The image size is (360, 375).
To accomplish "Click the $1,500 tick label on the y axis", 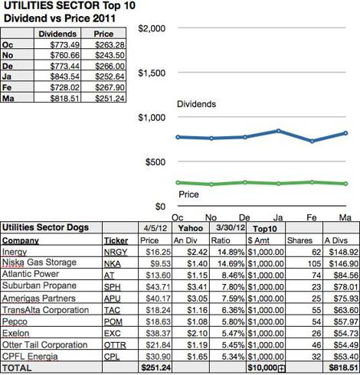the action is pyautogui.click(x=152, y=73).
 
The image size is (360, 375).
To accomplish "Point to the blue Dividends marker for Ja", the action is pyautogui.click(x=279, y=131).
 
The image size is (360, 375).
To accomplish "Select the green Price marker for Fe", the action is pyautogui.click(x=312, y=182).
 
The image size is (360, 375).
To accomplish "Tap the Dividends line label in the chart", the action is pyautogui.click(x=196, y=104).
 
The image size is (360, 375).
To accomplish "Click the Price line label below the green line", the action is pyautogui.click(x=188, y=194).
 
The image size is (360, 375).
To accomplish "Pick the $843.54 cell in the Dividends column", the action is pyautogui.click(x=64, y=77).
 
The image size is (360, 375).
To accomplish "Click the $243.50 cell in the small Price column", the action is pyautogui.click(x=110, y=55).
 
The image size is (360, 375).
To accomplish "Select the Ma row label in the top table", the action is pyautogui.click(x=8, y=98).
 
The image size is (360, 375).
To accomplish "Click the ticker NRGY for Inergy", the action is pyautogui.click(x=116, y=253).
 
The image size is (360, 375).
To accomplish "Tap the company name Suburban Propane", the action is pyautogui.click(x=39, y=285).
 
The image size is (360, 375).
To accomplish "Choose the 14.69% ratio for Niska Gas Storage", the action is pyautogui.click(x=231, y=264).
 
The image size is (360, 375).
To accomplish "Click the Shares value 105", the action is pyautogui.click(x=314, y=264).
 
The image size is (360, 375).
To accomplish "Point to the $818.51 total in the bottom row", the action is pyautogui.click(x=343, y=368).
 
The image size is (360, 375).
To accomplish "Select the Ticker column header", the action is pyautogui.click(x=116, y=240).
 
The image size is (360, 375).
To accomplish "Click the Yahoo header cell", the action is pyautogui.click(x=191, y=228).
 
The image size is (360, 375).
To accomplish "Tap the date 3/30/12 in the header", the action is pyautogui.click(x=231, y=227).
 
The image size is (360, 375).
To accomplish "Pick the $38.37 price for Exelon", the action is pyautogui.click(x=158, y=334).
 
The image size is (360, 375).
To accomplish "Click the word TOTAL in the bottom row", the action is pyautogui.click(x=17, y=368).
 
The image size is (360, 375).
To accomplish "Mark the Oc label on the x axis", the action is pyautogui.click(x=178, y=217).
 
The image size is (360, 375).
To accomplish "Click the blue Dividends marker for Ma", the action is pyautogui.click(x=345, y=133).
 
